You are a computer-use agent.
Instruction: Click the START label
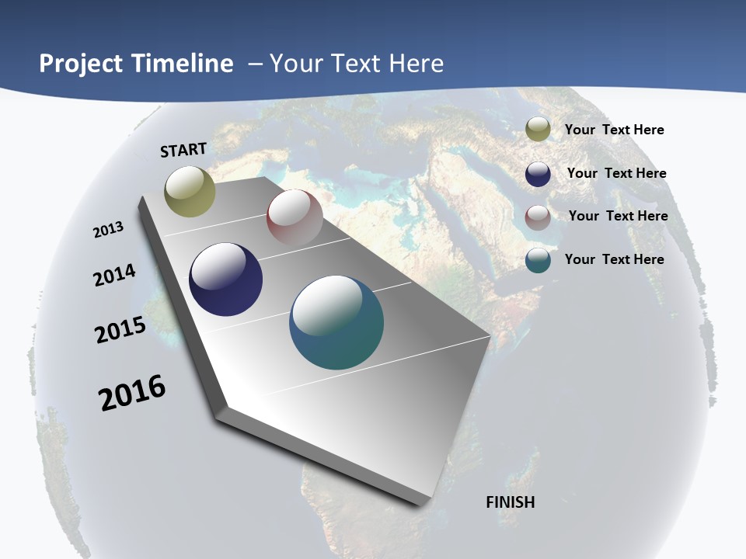pyautogui.click(x=183, y=150)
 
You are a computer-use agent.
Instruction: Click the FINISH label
pyautogui.click(x=510, y=502)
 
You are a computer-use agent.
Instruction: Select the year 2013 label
pyautogui.click(x=109, y=229)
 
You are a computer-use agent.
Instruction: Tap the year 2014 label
pyautogui.click(x=115, y=275)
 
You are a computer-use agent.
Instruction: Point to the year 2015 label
pyautogui.click(x=120, y=329)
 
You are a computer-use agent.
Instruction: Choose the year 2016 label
pyautogui.click(x=132, y=392)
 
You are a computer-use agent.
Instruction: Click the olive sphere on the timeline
pyautogui.click(x=190, y=191)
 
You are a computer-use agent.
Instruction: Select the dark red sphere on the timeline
pyautogui.click(x=295, y=217)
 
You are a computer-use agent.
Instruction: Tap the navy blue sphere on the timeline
pyautogui.click(x=225, y=279)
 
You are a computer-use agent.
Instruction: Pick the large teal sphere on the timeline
pyautogui.click(x=336, y=322)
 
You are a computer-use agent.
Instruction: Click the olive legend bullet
pyautogui.click(x=538, y=130)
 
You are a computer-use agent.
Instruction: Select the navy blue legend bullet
pyautogui.click(x=538, y=174)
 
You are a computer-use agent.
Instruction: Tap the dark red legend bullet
pyautogui.click(x=538, y=217)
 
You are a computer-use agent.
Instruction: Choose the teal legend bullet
pyautogui.click(x=538, y=260)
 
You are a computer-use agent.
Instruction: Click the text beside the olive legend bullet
pyautogui.click(x=614, y=130)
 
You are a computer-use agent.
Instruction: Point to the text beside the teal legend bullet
pyautogui.click(x=614, y=259)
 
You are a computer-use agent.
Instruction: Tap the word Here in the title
pyautogui.click(x=416, y=63)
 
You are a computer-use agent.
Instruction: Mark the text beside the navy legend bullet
pyautogui.click(x=616, y=173)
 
